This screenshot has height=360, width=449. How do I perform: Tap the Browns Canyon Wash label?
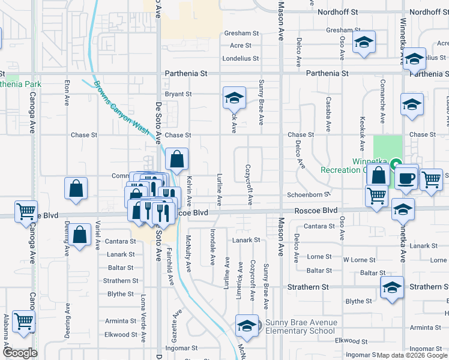coord(121,112)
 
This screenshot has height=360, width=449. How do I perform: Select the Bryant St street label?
coord(178,94)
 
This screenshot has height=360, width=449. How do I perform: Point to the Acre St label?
coord(240,46)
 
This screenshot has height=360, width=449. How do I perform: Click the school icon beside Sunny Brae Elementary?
coord(247,326)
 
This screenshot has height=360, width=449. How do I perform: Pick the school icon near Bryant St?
coord(235,97)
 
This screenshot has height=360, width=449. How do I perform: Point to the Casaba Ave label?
coord(328,115)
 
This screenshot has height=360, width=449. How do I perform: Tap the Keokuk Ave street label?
coord(362,133)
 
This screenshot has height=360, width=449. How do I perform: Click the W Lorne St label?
coord(359,260)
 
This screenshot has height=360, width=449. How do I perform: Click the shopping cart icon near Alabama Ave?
coord(23,320)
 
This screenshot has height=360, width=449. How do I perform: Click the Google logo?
coord(20,353)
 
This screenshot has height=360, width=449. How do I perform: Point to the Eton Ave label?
coord(67,93)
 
